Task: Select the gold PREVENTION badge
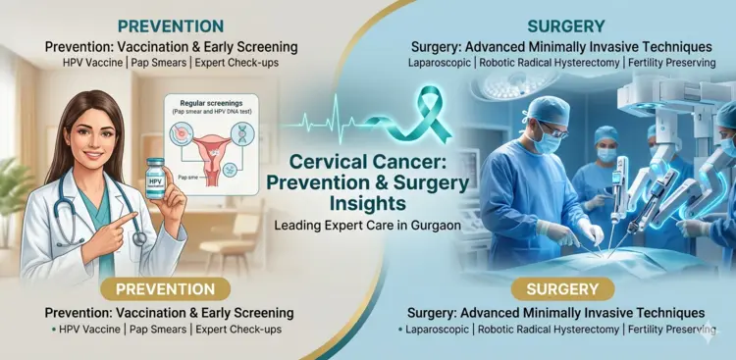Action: point(166,289)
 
